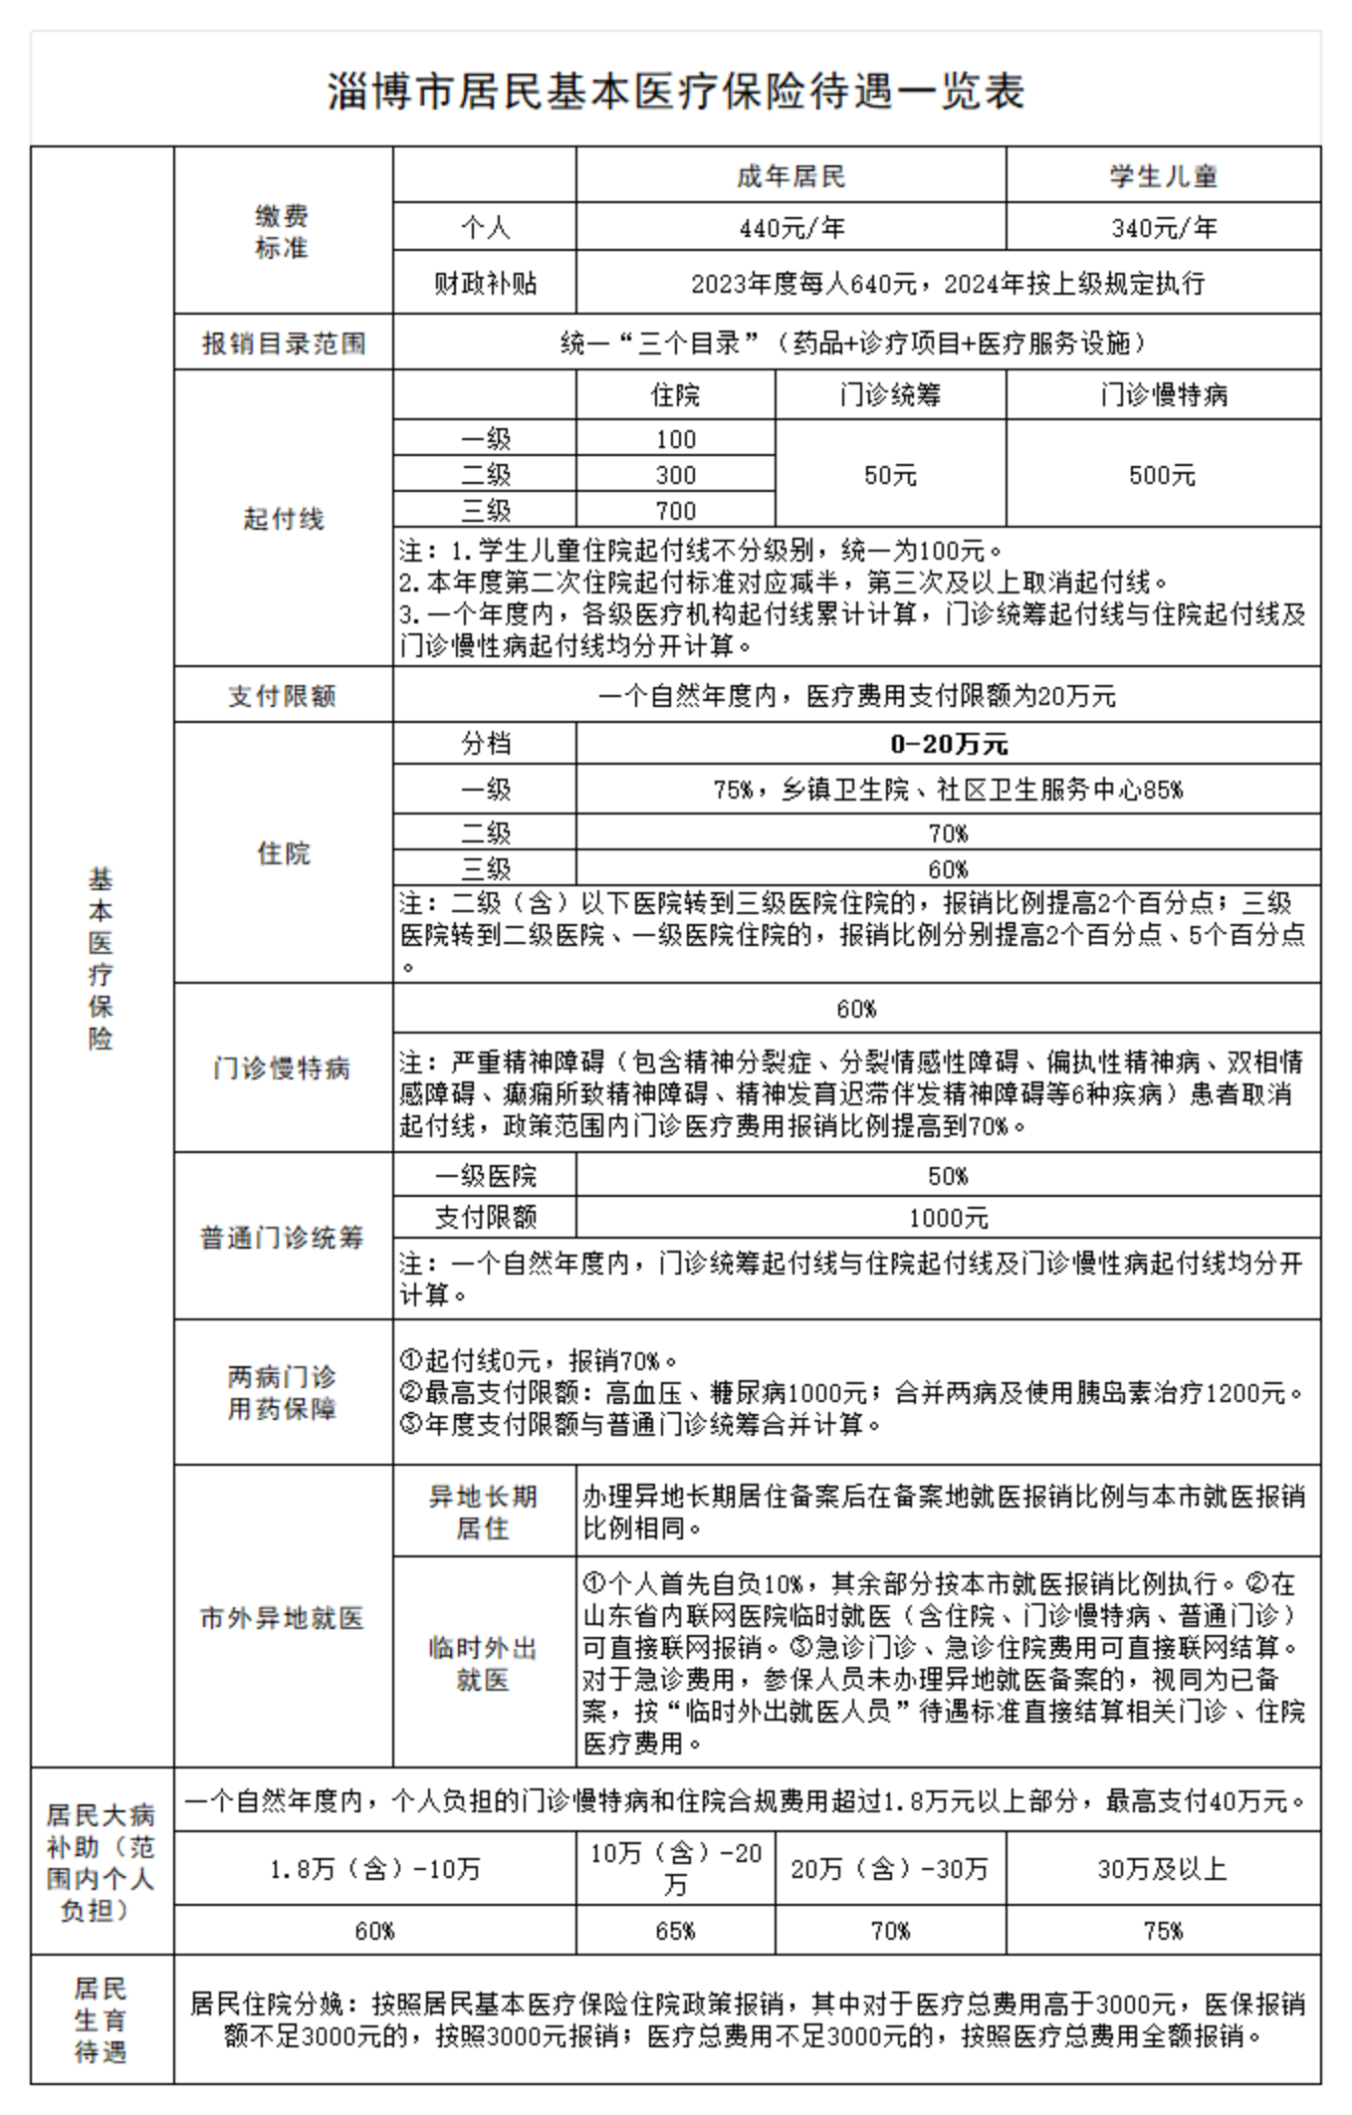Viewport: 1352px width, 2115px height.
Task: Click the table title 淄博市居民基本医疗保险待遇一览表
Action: click(676, 92)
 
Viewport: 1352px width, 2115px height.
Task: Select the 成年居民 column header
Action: click(790, 176)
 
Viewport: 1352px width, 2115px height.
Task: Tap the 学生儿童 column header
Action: click(1163, 176)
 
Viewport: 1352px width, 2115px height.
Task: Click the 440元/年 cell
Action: click(790, 228)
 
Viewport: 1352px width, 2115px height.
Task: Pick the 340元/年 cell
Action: click(1163, 228)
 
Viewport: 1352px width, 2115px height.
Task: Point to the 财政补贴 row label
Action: click(485, 284)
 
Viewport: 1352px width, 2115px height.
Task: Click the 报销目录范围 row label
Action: click(284, 344)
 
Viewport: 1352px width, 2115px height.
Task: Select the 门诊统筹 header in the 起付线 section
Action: click(890, 395)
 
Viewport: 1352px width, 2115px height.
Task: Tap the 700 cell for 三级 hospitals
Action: click(675, 511)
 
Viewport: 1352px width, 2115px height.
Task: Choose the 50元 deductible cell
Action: click(890, 475)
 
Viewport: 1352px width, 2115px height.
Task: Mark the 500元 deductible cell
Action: click(1163, 475)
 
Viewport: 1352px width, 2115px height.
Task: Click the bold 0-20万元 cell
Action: click(948, 744)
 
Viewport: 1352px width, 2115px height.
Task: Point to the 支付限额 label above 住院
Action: click(284, 695)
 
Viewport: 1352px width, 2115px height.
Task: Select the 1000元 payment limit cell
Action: click(948, 1218)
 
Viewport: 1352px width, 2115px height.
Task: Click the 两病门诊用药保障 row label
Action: click(283, 1392)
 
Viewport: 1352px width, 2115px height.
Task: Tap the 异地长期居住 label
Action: click(484, 1512)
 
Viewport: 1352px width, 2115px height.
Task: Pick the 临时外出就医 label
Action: click(484, 1663)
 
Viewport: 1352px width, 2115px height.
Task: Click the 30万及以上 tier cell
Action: click(1163, 1868)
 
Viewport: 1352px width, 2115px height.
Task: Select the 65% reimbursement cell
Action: click(675, 1931)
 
